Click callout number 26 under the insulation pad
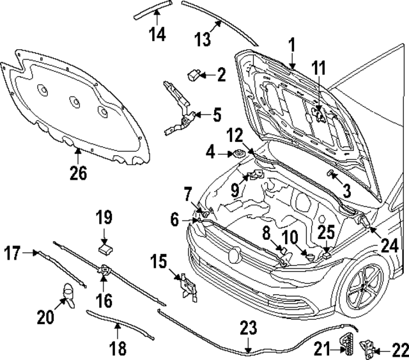(x=78, y=173)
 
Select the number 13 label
(x=202, y=40)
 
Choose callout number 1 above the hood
(x=291, y=45)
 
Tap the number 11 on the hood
(x=318, y=68)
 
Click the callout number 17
(x=11, y=253)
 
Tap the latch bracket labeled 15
(x=186, y=285)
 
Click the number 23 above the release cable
(x=248, y=329)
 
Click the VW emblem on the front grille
(x=235, y=255)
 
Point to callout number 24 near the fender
(x=390, y=244)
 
